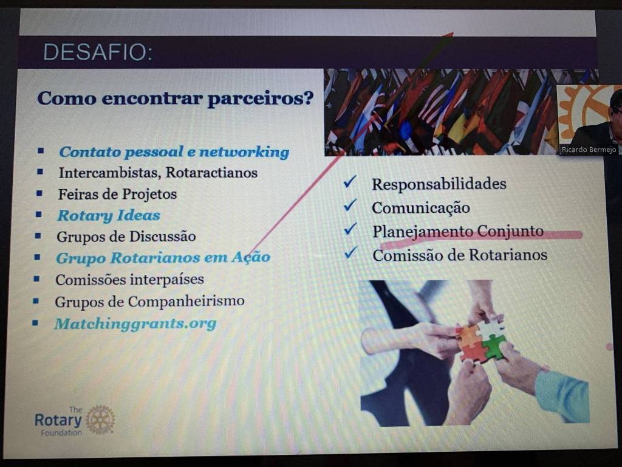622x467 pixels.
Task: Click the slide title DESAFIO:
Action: click(98, 52)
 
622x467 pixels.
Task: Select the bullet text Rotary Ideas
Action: click(109, 215)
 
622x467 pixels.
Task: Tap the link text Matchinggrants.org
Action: click(135, 324)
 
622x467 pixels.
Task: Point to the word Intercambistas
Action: click(109, 172)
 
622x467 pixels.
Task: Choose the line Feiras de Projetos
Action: click(117, 194)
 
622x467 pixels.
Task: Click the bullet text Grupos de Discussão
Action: click(126, 237)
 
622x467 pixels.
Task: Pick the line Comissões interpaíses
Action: click(130, 280)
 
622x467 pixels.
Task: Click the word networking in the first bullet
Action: click(244, 151)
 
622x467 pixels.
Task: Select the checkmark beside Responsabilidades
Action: click(350, 181)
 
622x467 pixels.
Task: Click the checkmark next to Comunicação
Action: click(350, 205)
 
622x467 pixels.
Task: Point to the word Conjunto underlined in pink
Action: click(510, 231)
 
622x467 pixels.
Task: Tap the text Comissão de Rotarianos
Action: click(460, 255)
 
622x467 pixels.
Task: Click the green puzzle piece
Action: click(493, 347)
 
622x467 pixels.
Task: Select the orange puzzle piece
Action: click(468, 336)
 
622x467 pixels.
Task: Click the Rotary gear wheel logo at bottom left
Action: click(100, 420)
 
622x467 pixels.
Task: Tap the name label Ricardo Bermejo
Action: click(589, 150)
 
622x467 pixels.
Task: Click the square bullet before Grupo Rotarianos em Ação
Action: click(37, 257)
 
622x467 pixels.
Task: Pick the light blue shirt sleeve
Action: click(562, 396)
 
